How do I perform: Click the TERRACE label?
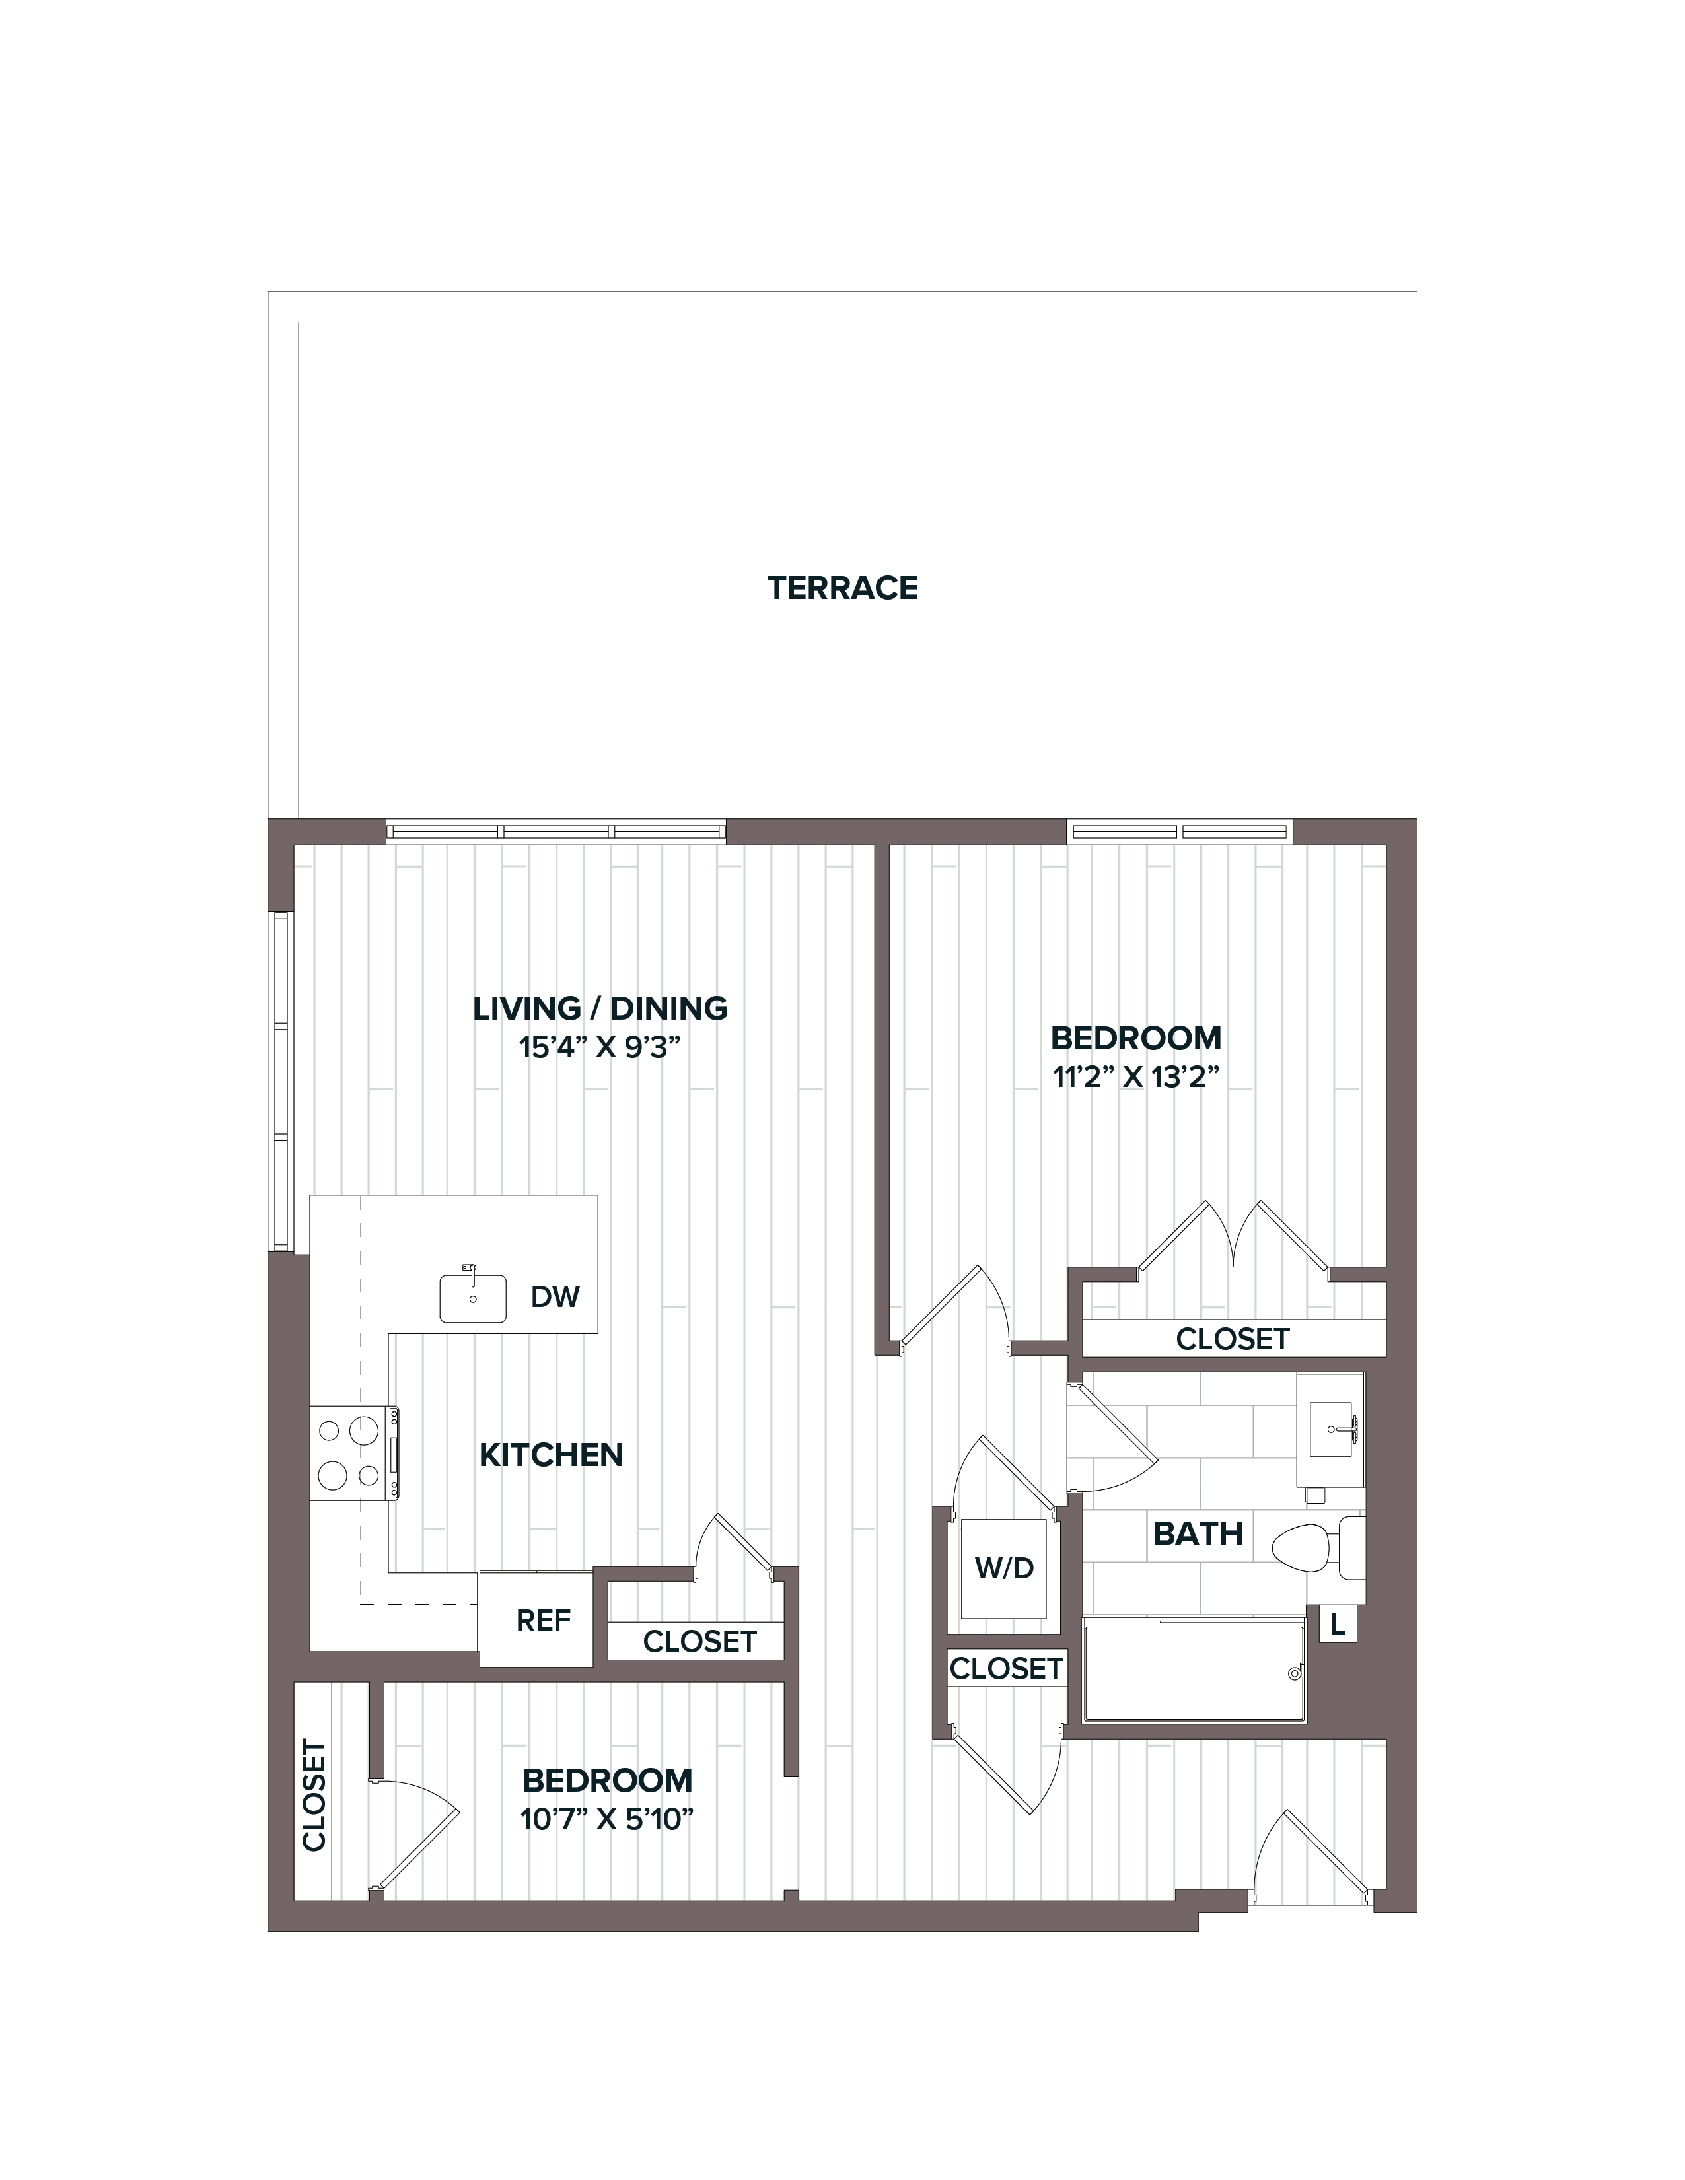click(843, 588)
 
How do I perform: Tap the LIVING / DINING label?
click(600, 1008)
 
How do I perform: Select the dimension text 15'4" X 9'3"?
click(600, 1048)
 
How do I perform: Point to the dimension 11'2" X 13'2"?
click(1136, 1078)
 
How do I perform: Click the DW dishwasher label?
click(555, 1296)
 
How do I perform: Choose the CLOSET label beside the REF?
click(699, 1641)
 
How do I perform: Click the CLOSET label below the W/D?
click(1006, 1668)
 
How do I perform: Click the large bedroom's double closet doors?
click(1234, 1238)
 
